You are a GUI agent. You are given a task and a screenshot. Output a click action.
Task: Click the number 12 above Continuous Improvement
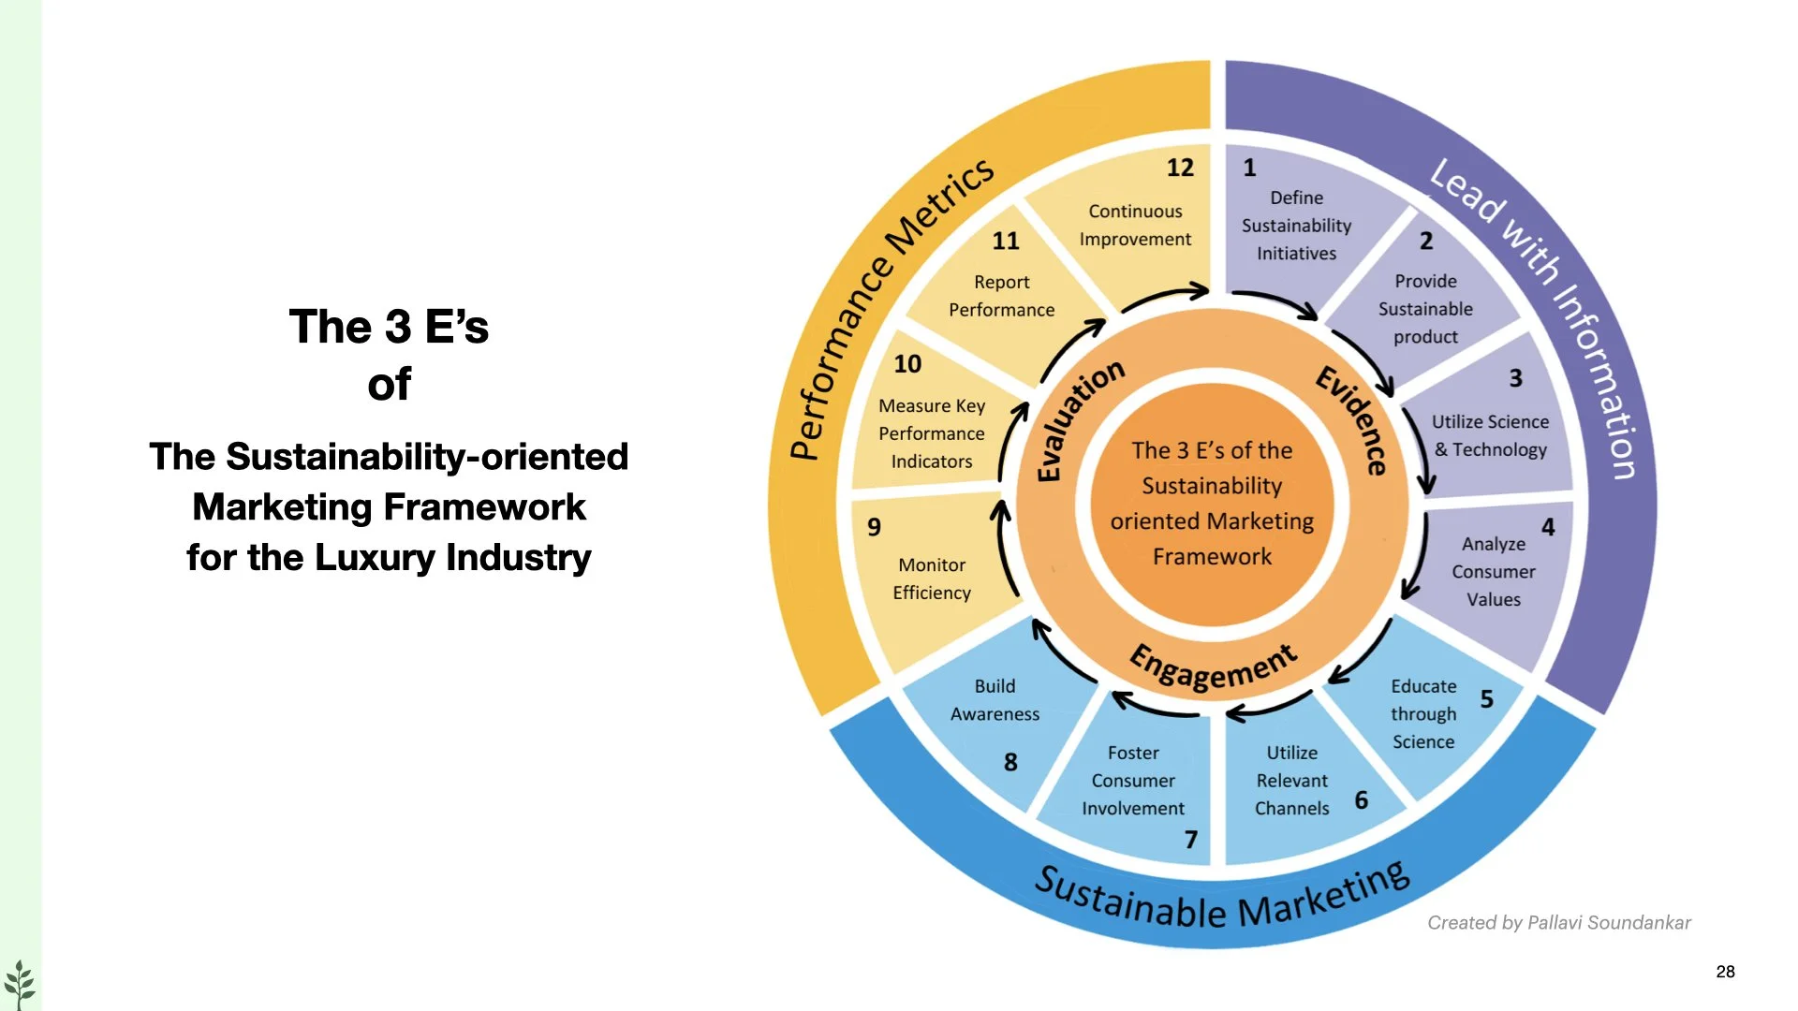point(1180,168)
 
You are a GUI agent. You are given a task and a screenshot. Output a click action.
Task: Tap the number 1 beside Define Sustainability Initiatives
point(1249,168)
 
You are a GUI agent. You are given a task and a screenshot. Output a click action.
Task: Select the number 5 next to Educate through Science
point(1486,699)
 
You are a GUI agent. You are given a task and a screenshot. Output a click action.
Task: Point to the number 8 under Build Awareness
point(1010,762)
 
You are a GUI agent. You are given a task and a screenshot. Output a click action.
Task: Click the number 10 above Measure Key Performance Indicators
point(906,363)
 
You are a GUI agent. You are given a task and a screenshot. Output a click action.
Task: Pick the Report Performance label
point(1001,296)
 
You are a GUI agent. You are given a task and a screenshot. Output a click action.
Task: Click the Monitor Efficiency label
point(932,579)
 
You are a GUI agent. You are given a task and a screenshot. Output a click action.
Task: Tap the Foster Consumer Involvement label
point(1133,780)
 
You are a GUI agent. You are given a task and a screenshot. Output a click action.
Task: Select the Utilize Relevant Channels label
point(1292,780)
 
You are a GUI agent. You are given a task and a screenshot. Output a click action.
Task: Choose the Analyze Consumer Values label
point(1494,571)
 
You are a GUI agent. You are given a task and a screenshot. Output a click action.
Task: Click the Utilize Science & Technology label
point(1490,435)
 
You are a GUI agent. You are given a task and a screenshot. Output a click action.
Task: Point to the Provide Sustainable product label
point(1425,309)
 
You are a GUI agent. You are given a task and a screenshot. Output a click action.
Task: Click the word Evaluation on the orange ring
point(1079,421)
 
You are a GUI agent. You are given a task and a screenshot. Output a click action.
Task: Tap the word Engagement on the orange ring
point(1214,667)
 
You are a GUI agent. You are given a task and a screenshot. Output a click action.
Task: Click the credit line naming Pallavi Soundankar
point(1559,923)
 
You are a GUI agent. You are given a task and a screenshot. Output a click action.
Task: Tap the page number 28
point(1725,972)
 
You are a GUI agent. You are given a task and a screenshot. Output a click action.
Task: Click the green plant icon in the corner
point(19,984)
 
